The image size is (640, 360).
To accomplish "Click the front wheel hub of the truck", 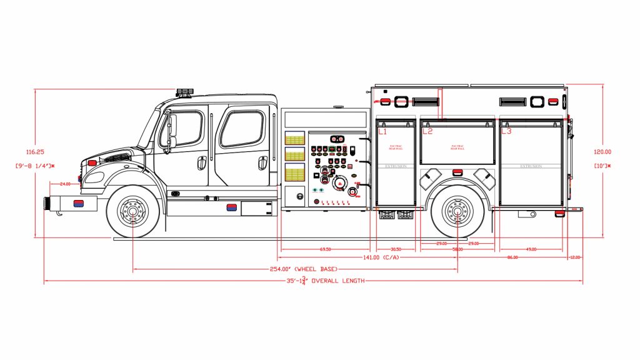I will tap(132, 212).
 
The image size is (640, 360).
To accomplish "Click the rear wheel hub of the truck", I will tap(457, 212).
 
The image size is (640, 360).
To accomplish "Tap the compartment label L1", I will tap(382, 132).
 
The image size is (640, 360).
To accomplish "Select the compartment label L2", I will tap(427, 132).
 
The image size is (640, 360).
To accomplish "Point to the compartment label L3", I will tap(506, 132).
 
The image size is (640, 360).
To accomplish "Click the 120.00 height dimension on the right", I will tap(602, 152).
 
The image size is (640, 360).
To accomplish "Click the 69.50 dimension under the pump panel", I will tap(325, 249).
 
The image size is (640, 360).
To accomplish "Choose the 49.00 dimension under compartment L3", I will tap(531, 249).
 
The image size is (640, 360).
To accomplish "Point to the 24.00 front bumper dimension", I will tap(66, 184).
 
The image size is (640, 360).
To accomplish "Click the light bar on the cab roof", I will tap(185, 92).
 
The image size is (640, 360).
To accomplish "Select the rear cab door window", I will tap(244, 129).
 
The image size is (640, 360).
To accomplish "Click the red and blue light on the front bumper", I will tap(79, 203).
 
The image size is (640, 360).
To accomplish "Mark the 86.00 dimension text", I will tap(512, 257).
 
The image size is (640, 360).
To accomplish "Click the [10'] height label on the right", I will tap(602, 166).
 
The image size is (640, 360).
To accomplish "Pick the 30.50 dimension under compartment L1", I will tap(396, 249).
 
